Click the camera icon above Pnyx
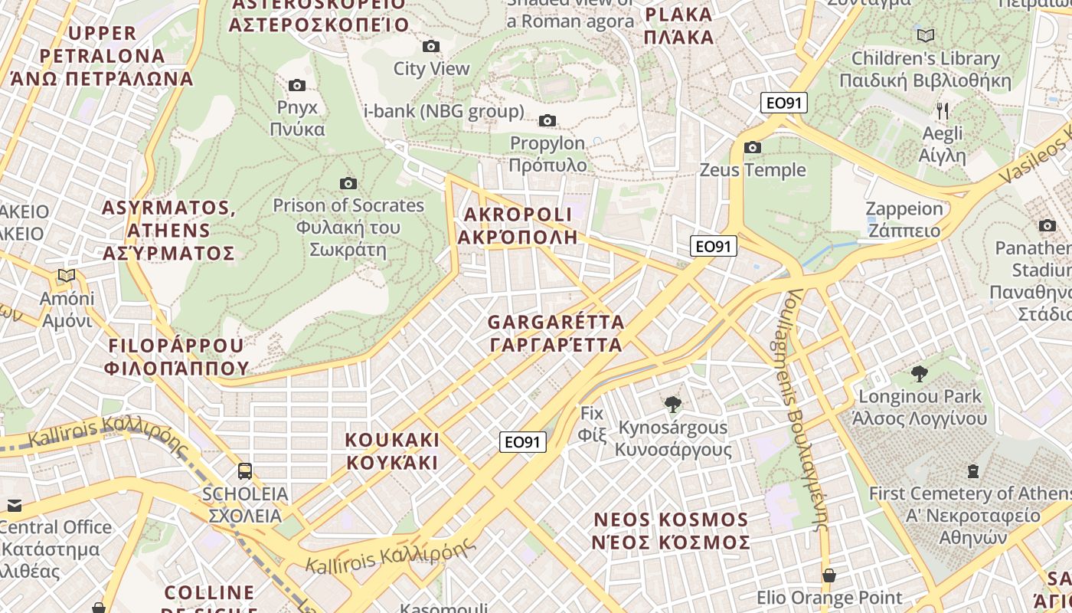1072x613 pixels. point(297,85)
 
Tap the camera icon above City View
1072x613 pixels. point(431,46)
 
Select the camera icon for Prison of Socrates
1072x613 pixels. point(348,183)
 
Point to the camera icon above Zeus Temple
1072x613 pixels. point(753,147)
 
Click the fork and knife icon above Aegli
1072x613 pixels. point(943,111)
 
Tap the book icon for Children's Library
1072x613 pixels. point(926,35)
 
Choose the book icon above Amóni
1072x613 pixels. point(67,275)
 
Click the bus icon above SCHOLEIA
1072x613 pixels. point(245,470)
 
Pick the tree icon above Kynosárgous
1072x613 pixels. point(673,403)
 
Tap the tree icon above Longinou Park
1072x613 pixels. point(919,373)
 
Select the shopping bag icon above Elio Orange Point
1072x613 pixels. point(829,575)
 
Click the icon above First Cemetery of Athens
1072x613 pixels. point(973,470)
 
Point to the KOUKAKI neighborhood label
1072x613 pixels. point(392,451)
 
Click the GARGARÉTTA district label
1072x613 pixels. point(556,333)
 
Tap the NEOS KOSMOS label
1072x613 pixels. point(671,530)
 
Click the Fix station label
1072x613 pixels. point(592,424)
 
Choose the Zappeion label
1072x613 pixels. point(904,219)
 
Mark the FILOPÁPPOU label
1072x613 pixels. point(178,356)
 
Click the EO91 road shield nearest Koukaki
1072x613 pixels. point(523,441)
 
